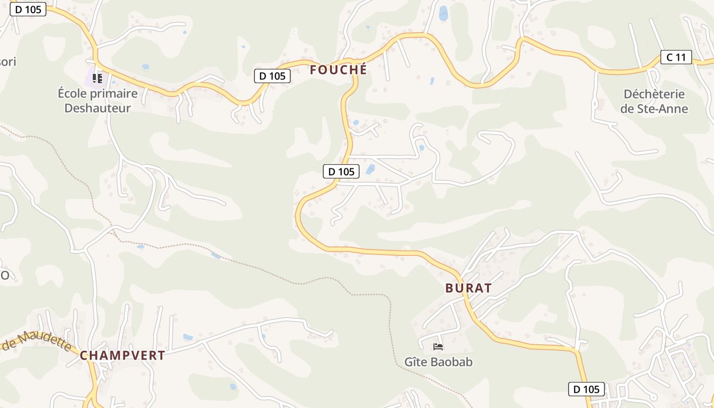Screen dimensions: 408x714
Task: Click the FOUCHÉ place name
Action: point(338,70)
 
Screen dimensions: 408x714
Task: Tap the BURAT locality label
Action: point(468,288)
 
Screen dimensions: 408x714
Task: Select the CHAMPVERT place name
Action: point(122,355)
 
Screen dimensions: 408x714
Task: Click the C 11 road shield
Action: point(676,57)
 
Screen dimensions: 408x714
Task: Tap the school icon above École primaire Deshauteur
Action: point(97,79)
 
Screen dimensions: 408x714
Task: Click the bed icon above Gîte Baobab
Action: point(438,347)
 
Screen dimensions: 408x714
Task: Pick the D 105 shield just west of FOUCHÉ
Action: point(272,76)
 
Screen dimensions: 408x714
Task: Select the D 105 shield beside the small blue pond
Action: point(341,171)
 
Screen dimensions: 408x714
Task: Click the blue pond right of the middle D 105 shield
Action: point(370,169)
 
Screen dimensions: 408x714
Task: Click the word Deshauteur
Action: point(97,108)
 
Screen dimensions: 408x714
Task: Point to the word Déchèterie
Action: point(654,94)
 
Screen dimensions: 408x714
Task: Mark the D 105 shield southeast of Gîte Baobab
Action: point(586,389)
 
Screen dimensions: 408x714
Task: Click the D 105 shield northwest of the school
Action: point(28,9)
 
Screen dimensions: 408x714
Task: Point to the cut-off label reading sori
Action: point(8,62)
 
